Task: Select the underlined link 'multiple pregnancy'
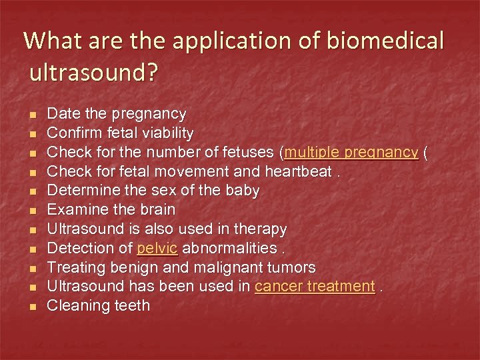tap(351, 153)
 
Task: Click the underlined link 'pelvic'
tap(157, 249)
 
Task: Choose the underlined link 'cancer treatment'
tap(315, 287)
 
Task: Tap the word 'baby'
tap(242, 191)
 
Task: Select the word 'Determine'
tap(79, 191)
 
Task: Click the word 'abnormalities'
tap(228, 249)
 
